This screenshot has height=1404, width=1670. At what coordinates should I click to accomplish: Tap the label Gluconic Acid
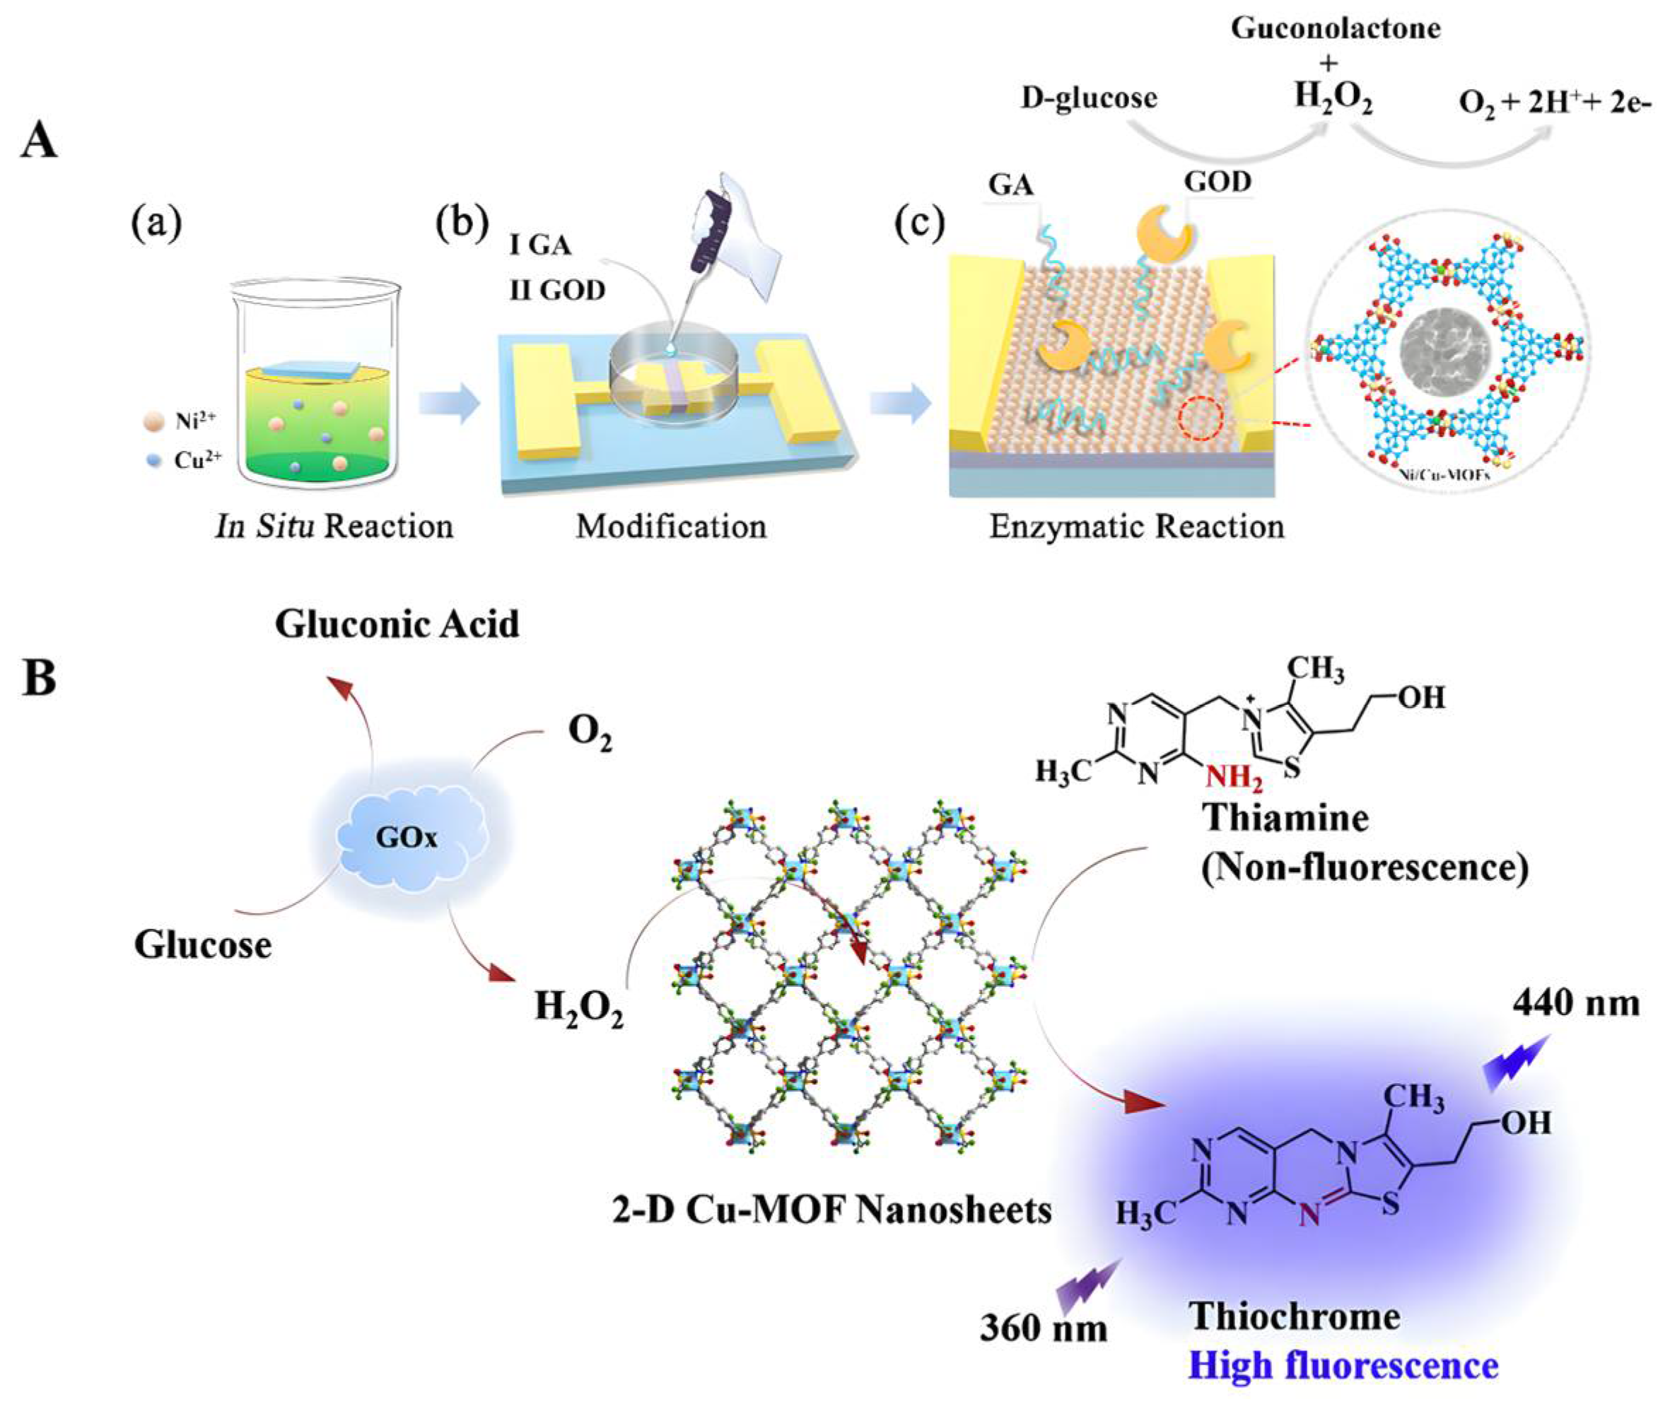[x=397, y=624]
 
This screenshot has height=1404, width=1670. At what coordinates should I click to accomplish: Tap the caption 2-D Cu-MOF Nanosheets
[x=831, y=1210]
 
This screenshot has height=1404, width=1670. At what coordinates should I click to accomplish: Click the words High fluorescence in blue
[x=1343, y=1365]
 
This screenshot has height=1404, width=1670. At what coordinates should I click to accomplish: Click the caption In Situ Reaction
[x=334, y=527]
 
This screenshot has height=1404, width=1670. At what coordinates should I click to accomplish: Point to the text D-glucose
[x=1089, y=98]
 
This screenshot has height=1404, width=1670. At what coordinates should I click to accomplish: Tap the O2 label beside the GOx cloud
[x=590, y=733]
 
